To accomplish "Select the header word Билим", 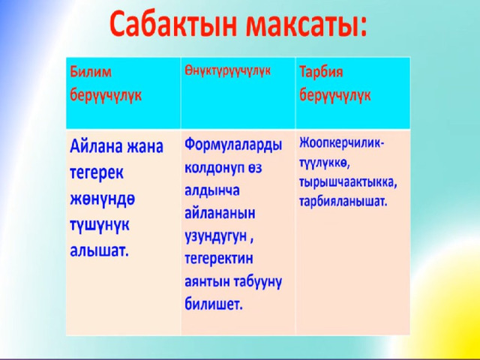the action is (91, 72).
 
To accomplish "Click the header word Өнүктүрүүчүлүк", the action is (227, 71).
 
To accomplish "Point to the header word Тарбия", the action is (321, 73).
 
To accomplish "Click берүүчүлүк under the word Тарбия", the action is (335, 95).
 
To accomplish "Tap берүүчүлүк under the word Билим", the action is (106, 95).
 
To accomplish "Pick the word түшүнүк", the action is (100, 226).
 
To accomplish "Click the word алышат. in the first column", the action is (98, 251).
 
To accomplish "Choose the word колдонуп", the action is (211, 169).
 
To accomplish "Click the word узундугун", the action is (215, 237).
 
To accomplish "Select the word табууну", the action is (257, 282).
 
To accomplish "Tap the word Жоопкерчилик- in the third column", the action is (342, 144).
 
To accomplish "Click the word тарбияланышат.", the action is (343, 202).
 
